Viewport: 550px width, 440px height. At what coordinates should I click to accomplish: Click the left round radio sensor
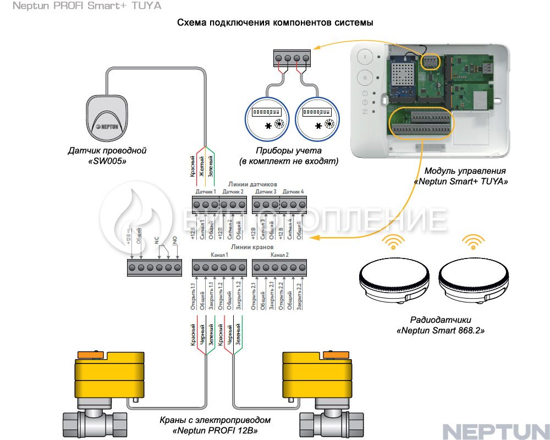(393, 278)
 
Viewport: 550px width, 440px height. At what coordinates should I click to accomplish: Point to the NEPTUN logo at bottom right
(496, 430)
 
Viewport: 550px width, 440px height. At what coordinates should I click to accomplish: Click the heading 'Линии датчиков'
(248, 184)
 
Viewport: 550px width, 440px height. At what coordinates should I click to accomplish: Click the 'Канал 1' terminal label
(219, 256)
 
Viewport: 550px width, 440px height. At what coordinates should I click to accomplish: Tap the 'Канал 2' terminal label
(279, 256)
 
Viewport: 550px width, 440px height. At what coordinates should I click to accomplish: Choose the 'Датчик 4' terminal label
(293, 192)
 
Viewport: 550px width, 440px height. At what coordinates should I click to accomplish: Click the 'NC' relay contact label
(157, 241)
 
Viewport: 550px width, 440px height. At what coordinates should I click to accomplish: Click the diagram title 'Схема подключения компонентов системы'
(275, 23)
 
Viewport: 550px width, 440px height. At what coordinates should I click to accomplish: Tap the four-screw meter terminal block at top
(292, 58)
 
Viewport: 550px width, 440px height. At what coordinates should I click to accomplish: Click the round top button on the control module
(365, 57)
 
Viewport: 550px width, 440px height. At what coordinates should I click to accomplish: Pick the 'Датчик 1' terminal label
(206, 192)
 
